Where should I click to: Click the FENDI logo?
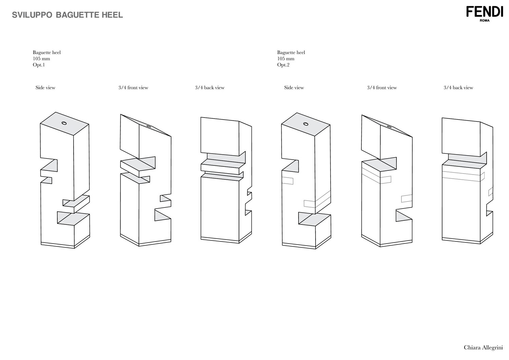tap(485, 12)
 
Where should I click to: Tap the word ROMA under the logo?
tap(485, 20)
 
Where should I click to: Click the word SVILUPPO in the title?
tap(32, 15)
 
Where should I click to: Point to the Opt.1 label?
tap(39, 65)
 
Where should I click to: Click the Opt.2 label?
tap(283, 65)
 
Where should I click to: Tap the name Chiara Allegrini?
tap(483, 347)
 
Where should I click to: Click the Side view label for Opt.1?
tap(45, 88)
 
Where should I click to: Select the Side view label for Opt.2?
tap(294, 88)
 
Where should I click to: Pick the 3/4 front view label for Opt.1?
tap(133, 88)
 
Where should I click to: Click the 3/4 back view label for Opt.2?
tap(458, 88)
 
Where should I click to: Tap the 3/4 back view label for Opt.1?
tap(210, 88)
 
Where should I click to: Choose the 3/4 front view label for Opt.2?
tap(382, 88)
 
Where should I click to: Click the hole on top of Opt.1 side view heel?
tap(64, 123)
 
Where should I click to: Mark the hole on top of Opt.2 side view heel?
tap(306, 124)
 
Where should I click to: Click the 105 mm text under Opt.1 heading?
tap(41, 59)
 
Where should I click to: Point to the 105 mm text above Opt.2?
tap(286, 59)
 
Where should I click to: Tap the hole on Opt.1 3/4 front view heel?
tap(149, 126)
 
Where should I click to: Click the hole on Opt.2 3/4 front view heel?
tap(389, 127)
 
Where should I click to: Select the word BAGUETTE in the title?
tap(77, 15)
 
